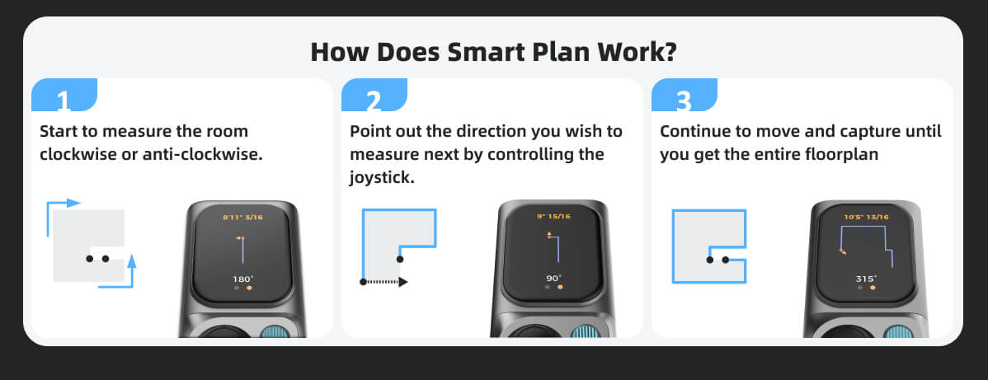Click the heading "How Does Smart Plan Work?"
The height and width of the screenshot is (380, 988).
[x=494, y=51]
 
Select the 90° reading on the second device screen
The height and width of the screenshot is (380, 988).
[x=553, y=278]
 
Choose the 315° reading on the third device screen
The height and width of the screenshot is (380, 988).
[x=865, y=279]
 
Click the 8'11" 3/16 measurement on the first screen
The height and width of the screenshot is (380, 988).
[x=242, y=218]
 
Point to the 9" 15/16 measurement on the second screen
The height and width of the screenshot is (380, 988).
[x=553, y=218]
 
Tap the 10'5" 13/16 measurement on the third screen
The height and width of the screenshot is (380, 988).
[x=864, y=218]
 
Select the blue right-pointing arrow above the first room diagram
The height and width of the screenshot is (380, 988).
[x=64, y=203]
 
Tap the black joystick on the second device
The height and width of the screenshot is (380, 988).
[x=534, y=333]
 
